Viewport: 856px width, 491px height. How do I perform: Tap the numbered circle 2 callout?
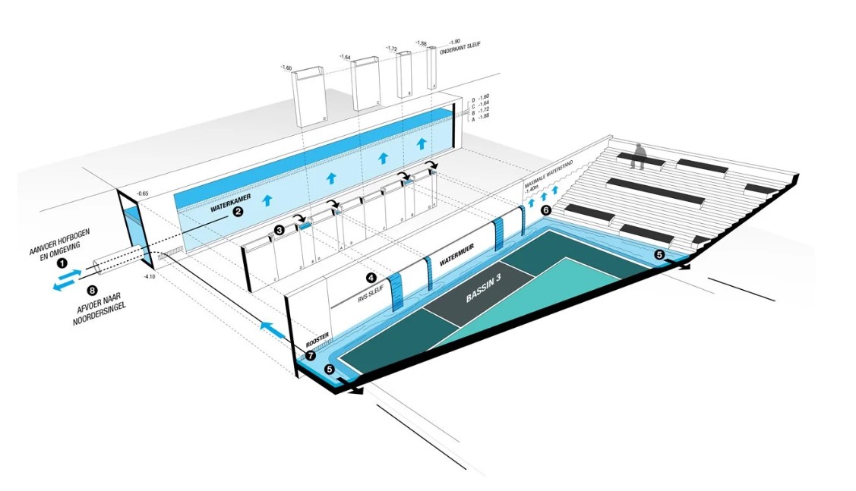coord(238,212)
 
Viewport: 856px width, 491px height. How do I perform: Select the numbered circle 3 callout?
coord(280,229)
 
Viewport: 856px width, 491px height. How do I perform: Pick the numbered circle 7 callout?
coord(311,354)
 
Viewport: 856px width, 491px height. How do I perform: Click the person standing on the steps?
coord(640,156)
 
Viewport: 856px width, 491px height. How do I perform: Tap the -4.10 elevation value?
coord(150,278)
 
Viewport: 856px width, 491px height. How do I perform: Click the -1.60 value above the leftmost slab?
coord(286,68)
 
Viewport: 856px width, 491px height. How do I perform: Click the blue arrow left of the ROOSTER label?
coord(270,329)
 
